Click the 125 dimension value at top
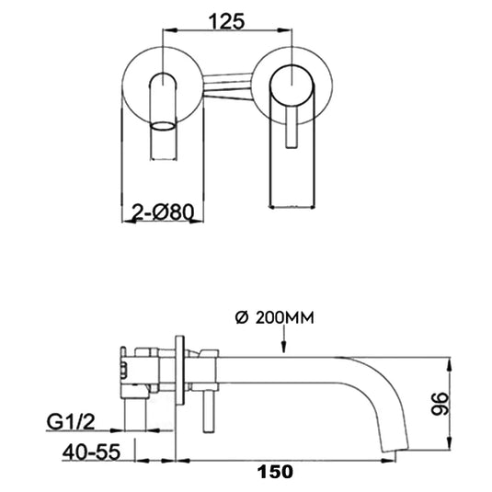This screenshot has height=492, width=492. [228, 20]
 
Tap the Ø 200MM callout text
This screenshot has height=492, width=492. [275, 318]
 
